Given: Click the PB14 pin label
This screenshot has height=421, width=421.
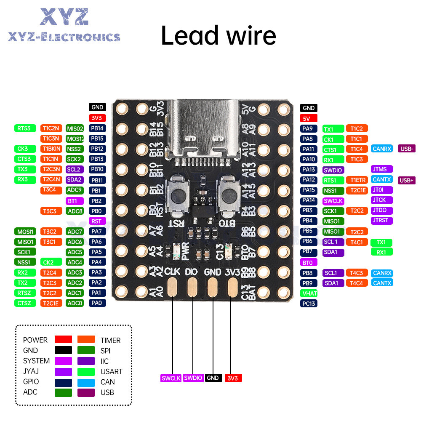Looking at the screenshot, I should coord(97,128).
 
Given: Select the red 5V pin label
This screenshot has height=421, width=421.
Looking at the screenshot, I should coord(309,118).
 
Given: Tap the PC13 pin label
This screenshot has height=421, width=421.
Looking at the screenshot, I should coord(309,303).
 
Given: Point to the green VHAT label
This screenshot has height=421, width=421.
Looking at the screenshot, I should coord(309,293).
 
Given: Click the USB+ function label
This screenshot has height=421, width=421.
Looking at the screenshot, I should coord(407,180).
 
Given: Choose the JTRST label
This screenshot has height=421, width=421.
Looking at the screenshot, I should coord(382,220).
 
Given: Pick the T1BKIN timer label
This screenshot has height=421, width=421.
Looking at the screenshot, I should coord(51,149).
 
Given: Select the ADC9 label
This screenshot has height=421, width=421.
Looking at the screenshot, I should coord(75,190).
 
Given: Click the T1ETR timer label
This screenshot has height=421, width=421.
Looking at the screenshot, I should coord(357,180).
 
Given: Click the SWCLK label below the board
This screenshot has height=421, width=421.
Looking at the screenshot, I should coord(171,378).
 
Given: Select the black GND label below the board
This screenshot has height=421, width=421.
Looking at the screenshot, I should coord(213,378).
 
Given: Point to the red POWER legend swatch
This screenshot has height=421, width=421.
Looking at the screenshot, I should coord(63,339).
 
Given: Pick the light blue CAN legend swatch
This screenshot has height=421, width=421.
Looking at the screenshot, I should coord(86,382).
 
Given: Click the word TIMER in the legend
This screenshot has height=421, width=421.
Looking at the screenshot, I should coord(110,340).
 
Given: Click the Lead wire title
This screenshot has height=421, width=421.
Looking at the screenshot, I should coord(218,36).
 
